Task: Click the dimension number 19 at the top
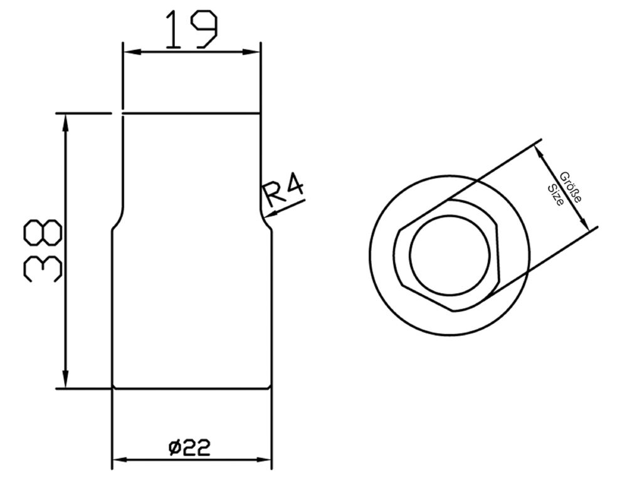pos(191,30)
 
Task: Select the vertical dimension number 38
pos(43,251)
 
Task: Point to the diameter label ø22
pos(189,447)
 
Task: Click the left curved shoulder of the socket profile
pos(117,219)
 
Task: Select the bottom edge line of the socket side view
pos(192,388)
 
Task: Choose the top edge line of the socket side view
pos(191,113)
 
